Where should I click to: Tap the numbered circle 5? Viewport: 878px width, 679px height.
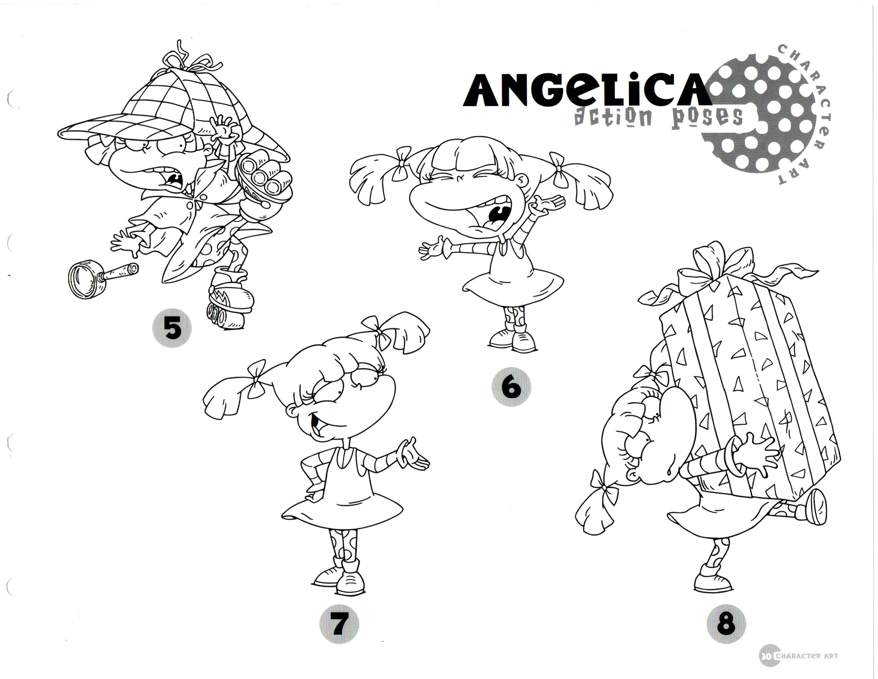click(172, 328)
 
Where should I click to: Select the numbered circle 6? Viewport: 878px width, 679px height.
click(511, 387)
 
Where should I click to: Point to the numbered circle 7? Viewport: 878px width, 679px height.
click(339, 624)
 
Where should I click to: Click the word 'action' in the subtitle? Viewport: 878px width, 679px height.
click(613, 117)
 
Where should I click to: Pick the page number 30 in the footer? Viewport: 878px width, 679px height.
click(765, 656)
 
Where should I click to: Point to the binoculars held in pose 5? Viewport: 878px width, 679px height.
click(263, 177)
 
